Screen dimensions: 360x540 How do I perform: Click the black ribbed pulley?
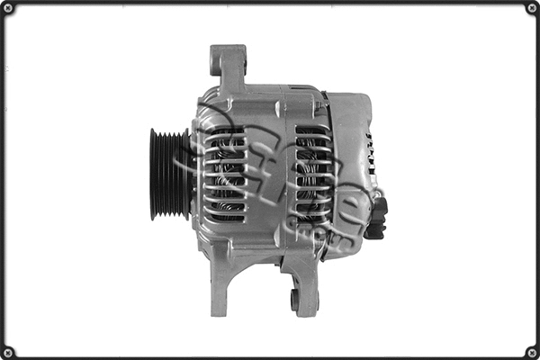point(167,174)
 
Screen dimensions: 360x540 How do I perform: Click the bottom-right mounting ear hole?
point(294,298)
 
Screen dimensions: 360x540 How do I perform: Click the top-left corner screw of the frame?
point(8,8)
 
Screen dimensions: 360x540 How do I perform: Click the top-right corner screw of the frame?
point(531,8)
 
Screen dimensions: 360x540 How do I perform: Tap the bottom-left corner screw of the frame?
point(8,351)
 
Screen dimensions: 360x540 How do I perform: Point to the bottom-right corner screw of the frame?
point(531,351)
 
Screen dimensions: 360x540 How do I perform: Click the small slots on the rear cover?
point(368,153)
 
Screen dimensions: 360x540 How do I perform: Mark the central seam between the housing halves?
point(270,171)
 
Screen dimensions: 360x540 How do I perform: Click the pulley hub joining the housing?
point(190,174)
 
